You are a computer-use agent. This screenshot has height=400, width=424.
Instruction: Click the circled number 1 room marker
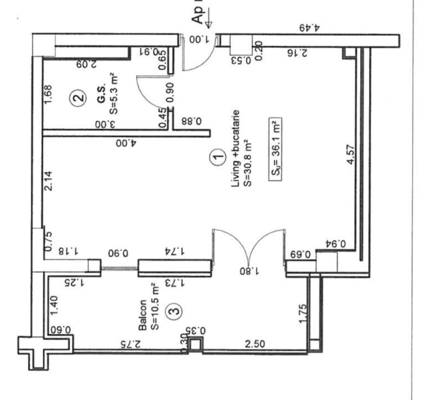[218, 158]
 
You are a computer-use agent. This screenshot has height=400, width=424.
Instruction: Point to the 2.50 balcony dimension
[254, 344]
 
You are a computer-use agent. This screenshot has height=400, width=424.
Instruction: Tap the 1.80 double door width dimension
[247, 270]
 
